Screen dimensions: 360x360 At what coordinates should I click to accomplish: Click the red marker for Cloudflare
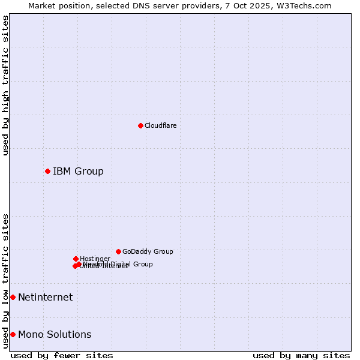[140, 125]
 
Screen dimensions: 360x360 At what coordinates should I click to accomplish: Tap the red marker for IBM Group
[47, 171]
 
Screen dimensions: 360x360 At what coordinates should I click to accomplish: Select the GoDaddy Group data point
[118, 251]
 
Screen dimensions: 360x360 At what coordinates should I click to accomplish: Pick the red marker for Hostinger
[76, 259]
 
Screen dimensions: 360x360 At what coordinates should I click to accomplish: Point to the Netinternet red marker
[13, 297]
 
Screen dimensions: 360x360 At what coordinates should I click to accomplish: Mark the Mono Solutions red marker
[13, 334]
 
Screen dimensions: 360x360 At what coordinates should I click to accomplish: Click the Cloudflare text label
[160, 125]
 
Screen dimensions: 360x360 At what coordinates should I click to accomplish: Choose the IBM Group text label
[78, 172]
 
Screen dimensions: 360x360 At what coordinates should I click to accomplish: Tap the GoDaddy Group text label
[148, 251]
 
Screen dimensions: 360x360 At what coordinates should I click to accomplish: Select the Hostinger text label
[95, 259]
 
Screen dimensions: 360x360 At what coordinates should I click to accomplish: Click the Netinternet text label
[45, 298]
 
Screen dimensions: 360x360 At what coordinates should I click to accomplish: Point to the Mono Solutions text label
[55, 335]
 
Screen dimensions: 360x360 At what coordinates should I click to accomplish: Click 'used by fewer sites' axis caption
[62, 355]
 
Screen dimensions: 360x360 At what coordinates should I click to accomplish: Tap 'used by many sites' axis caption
[301, 355]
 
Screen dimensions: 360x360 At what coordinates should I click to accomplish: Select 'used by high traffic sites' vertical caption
[5, 85]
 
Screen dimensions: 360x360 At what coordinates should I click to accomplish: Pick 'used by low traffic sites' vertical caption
[5, 280]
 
